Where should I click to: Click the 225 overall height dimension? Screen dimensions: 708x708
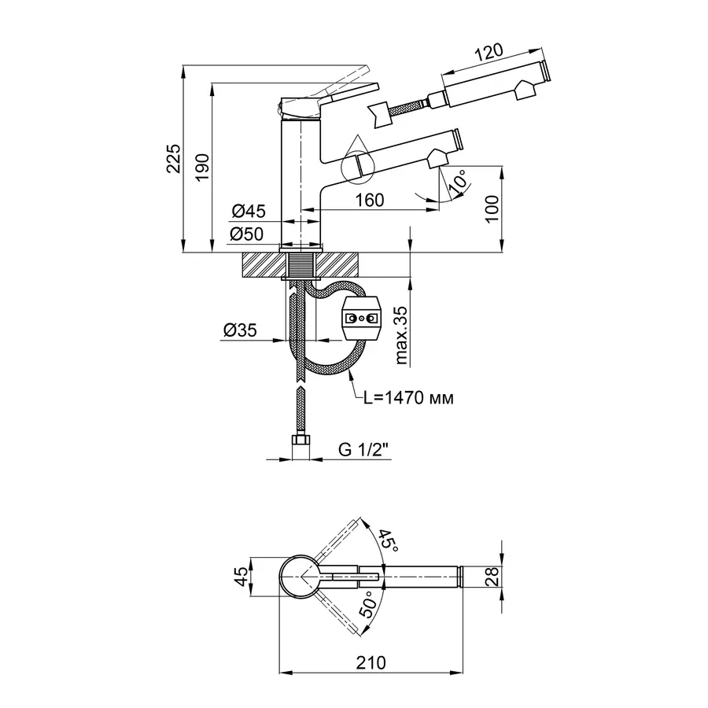point(174,159)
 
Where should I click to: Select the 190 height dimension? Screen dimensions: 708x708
point(202,165)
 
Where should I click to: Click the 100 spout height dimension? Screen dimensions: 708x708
point(492,208)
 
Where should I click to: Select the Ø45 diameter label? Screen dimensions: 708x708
point(249,211)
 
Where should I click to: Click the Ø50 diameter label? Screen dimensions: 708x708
point(249,234)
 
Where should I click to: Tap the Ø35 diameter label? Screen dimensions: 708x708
point(240,331)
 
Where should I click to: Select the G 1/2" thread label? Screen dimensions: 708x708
point(364,450)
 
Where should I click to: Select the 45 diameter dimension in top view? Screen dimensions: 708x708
point(241,578)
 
